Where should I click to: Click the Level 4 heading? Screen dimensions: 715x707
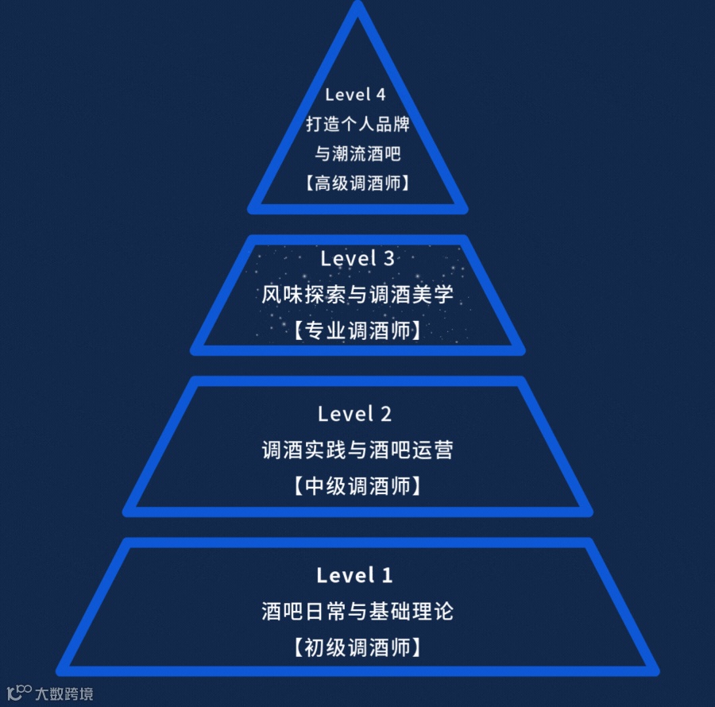tap(355, 95)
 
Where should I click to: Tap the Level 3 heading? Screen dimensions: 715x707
tap(357, 258)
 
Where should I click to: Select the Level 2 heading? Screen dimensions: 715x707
tap(354, 414)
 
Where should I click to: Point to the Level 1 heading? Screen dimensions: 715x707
tap(354, 575)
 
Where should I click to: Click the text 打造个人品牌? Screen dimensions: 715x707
tap(357, 125)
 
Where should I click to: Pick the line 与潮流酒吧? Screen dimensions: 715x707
tap(357, 154)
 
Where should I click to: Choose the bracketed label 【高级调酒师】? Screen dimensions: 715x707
tap(357, 184)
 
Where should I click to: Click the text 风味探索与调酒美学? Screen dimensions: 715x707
tap(357, 295)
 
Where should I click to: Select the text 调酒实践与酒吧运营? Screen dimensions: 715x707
tap(357, 450)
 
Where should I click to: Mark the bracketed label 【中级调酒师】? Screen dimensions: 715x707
tap(357, 485)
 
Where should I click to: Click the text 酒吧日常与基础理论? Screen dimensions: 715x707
tap(357, 612)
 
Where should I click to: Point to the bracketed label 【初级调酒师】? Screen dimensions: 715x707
tap(357, 647)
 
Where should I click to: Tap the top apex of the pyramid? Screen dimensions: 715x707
tap(357, 8)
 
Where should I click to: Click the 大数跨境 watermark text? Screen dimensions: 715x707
tap(64, 693)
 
